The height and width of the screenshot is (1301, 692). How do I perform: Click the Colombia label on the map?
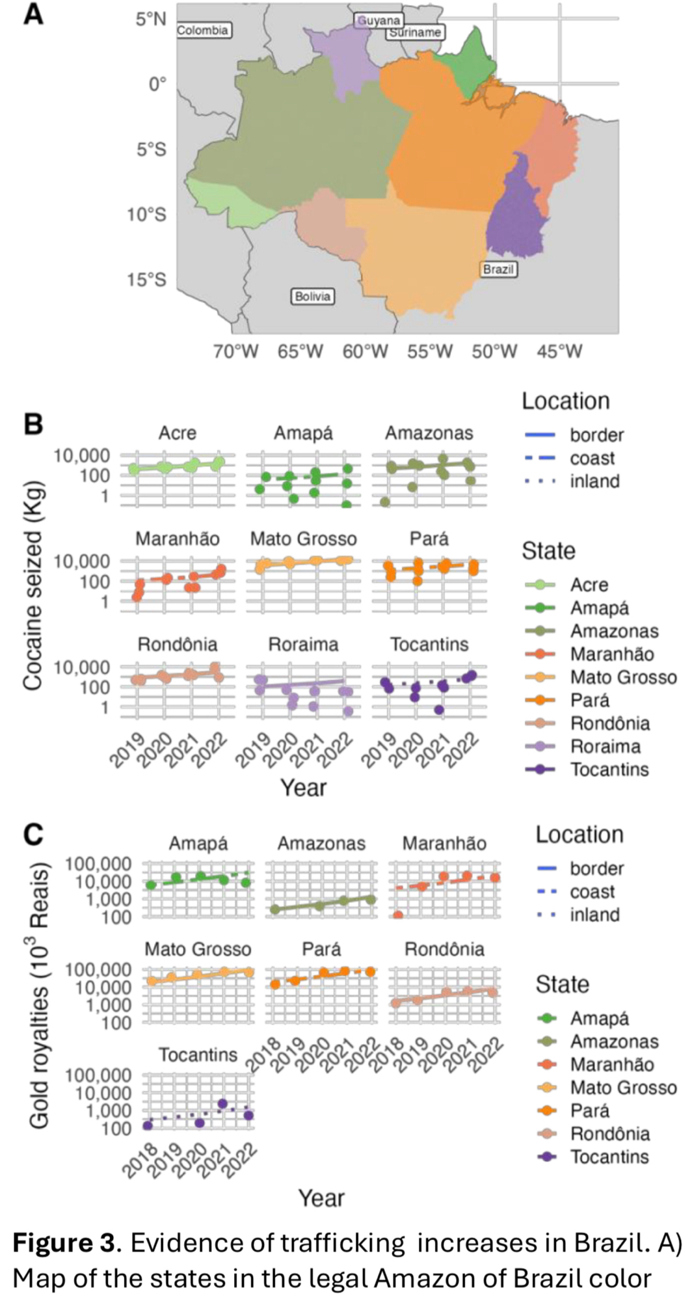point(203,30)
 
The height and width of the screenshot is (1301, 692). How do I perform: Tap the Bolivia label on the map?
point(313,296)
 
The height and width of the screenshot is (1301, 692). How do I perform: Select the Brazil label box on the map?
point(499,269)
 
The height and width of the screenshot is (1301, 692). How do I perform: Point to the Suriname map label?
point(416,32)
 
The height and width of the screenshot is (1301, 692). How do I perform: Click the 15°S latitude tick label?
point(146,280)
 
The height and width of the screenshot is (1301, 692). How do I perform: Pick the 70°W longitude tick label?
point(235,352)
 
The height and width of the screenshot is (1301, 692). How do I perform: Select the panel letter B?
point(33,424)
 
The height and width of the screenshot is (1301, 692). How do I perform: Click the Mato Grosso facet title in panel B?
point(304,539)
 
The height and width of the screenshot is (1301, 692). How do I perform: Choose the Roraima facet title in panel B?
point(304,644)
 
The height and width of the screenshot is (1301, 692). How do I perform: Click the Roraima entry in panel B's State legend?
point(605,746)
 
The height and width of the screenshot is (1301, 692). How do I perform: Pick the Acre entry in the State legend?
point(589,585)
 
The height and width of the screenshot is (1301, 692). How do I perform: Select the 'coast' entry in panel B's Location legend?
point(592,458)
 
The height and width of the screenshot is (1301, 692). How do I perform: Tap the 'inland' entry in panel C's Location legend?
point(594,915)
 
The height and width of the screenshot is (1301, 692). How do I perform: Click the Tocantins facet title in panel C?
point(198,1054)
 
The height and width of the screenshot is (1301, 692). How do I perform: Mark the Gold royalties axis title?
point(39,995)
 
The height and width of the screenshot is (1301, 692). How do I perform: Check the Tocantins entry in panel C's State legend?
point(609,1157)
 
